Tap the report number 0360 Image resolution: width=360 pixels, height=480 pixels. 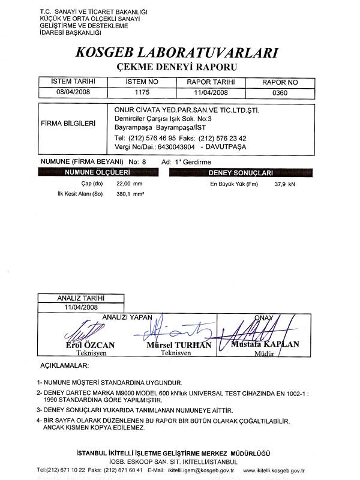(x=280, y=92)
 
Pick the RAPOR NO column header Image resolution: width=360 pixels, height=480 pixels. (x=280, y=82)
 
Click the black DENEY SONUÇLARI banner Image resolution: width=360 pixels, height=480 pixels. (x=240, y=172)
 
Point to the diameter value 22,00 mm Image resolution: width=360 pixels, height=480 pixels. (x=129, y=183)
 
